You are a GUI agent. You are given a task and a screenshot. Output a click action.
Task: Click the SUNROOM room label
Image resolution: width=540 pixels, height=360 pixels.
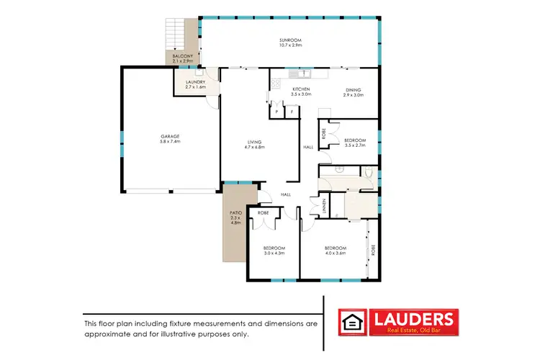(289, 40)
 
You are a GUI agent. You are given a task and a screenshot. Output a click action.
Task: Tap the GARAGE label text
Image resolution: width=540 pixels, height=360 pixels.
(170, 136)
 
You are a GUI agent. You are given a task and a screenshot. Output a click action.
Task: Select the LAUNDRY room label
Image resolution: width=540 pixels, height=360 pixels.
(196, 82)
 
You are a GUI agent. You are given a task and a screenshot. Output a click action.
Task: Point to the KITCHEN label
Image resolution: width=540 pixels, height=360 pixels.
(300, 89)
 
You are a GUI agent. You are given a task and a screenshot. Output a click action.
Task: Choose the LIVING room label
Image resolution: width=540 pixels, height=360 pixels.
(256, 142)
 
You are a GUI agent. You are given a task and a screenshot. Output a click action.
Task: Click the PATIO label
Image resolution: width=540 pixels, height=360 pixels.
(234, 213)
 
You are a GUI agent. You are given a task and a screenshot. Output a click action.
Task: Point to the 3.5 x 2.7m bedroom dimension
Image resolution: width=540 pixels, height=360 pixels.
(355, 145)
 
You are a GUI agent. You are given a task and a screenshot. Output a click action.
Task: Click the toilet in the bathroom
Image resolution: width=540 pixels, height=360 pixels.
(367, 172)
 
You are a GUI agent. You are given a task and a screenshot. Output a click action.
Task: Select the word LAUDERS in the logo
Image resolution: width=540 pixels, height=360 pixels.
(412, 318)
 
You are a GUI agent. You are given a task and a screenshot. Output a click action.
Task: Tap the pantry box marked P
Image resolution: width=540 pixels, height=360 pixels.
(276, 112)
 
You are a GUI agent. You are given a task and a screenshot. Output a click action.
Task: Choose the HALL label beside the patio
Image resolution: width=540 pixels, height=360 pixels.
(285, 194)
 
